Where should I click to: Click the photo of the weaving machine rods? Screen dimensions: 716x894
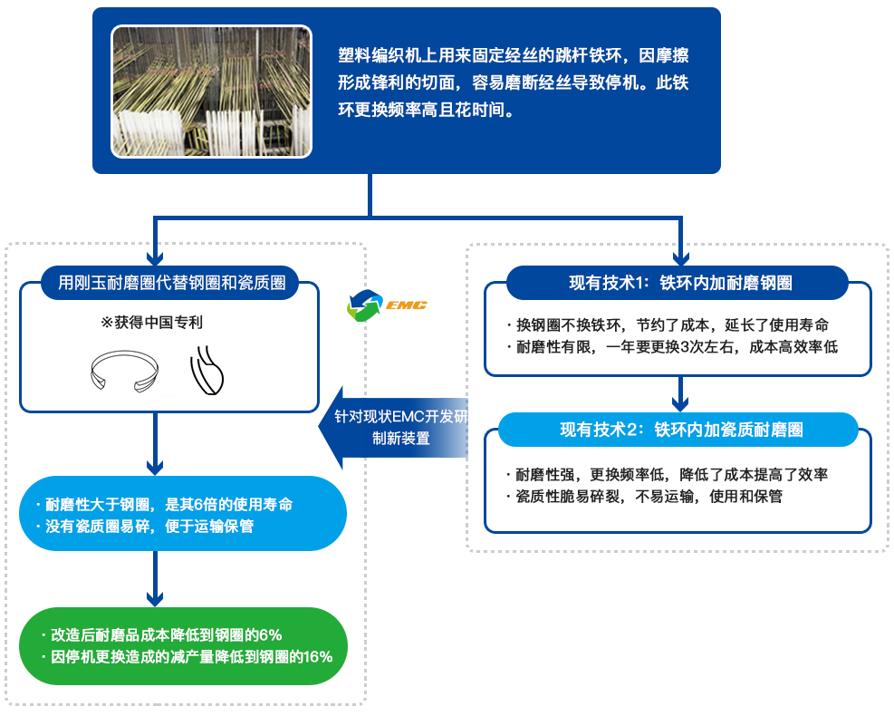point(212,92)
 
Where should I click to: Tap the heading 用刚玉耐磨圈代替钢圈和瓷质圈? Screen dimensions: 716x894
point(172,283)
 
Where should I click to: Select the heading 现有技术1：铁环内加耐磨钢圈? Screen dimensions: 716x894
point(679,283)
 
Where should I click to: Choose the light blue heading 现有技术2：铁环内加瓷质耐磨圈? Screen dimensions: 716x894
point(681,430)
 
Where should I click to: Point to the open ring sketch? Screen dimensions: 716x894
point(126,373)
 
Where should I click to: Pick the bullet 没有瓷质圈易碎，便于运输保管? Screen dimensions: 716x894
point(149,526)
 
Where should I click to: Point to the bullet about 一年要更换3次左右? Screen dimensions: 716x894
point(671,346)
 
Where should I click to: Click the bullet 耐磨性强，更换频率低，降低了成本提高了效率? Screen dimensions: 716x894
point(667,474)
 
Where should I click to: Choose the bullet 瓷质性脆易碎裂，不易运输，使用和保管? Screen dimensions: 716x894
point(643,496)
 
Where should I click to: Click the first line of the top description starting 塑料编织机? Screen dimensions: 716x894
point(513,54)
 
